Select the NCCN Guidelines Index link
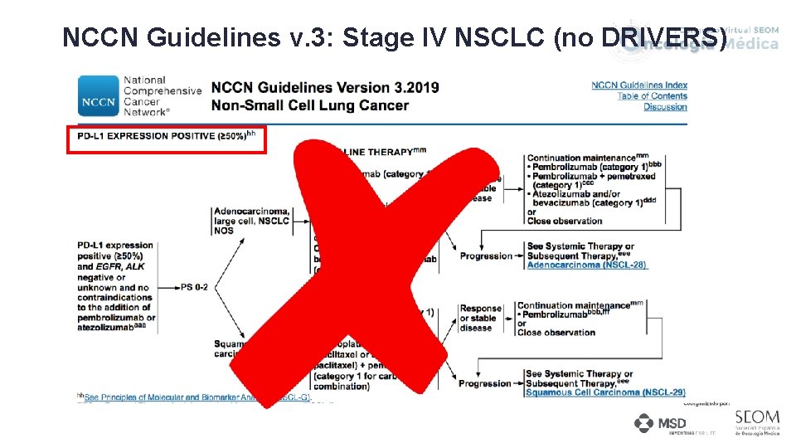click(639, 85)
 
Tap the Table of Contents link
click(652, 96)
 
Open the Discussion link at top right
click(665, 107)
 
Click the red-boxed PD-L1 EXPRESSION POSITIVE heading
click(166, 136)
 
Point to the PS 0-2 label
click(194, 287)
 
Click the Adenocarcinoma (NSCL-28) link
click(586, 265)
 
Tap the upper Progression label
click(486, 256)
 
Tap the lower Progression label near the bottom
click(486, 383)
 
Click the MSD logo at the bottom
click(661, 424)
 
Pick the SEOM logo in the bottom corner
click(756, 421)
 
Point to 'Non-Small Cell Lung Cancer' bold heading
click(310, 105)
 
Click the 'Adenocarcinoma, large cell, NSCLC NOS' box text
click(252, 221)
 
